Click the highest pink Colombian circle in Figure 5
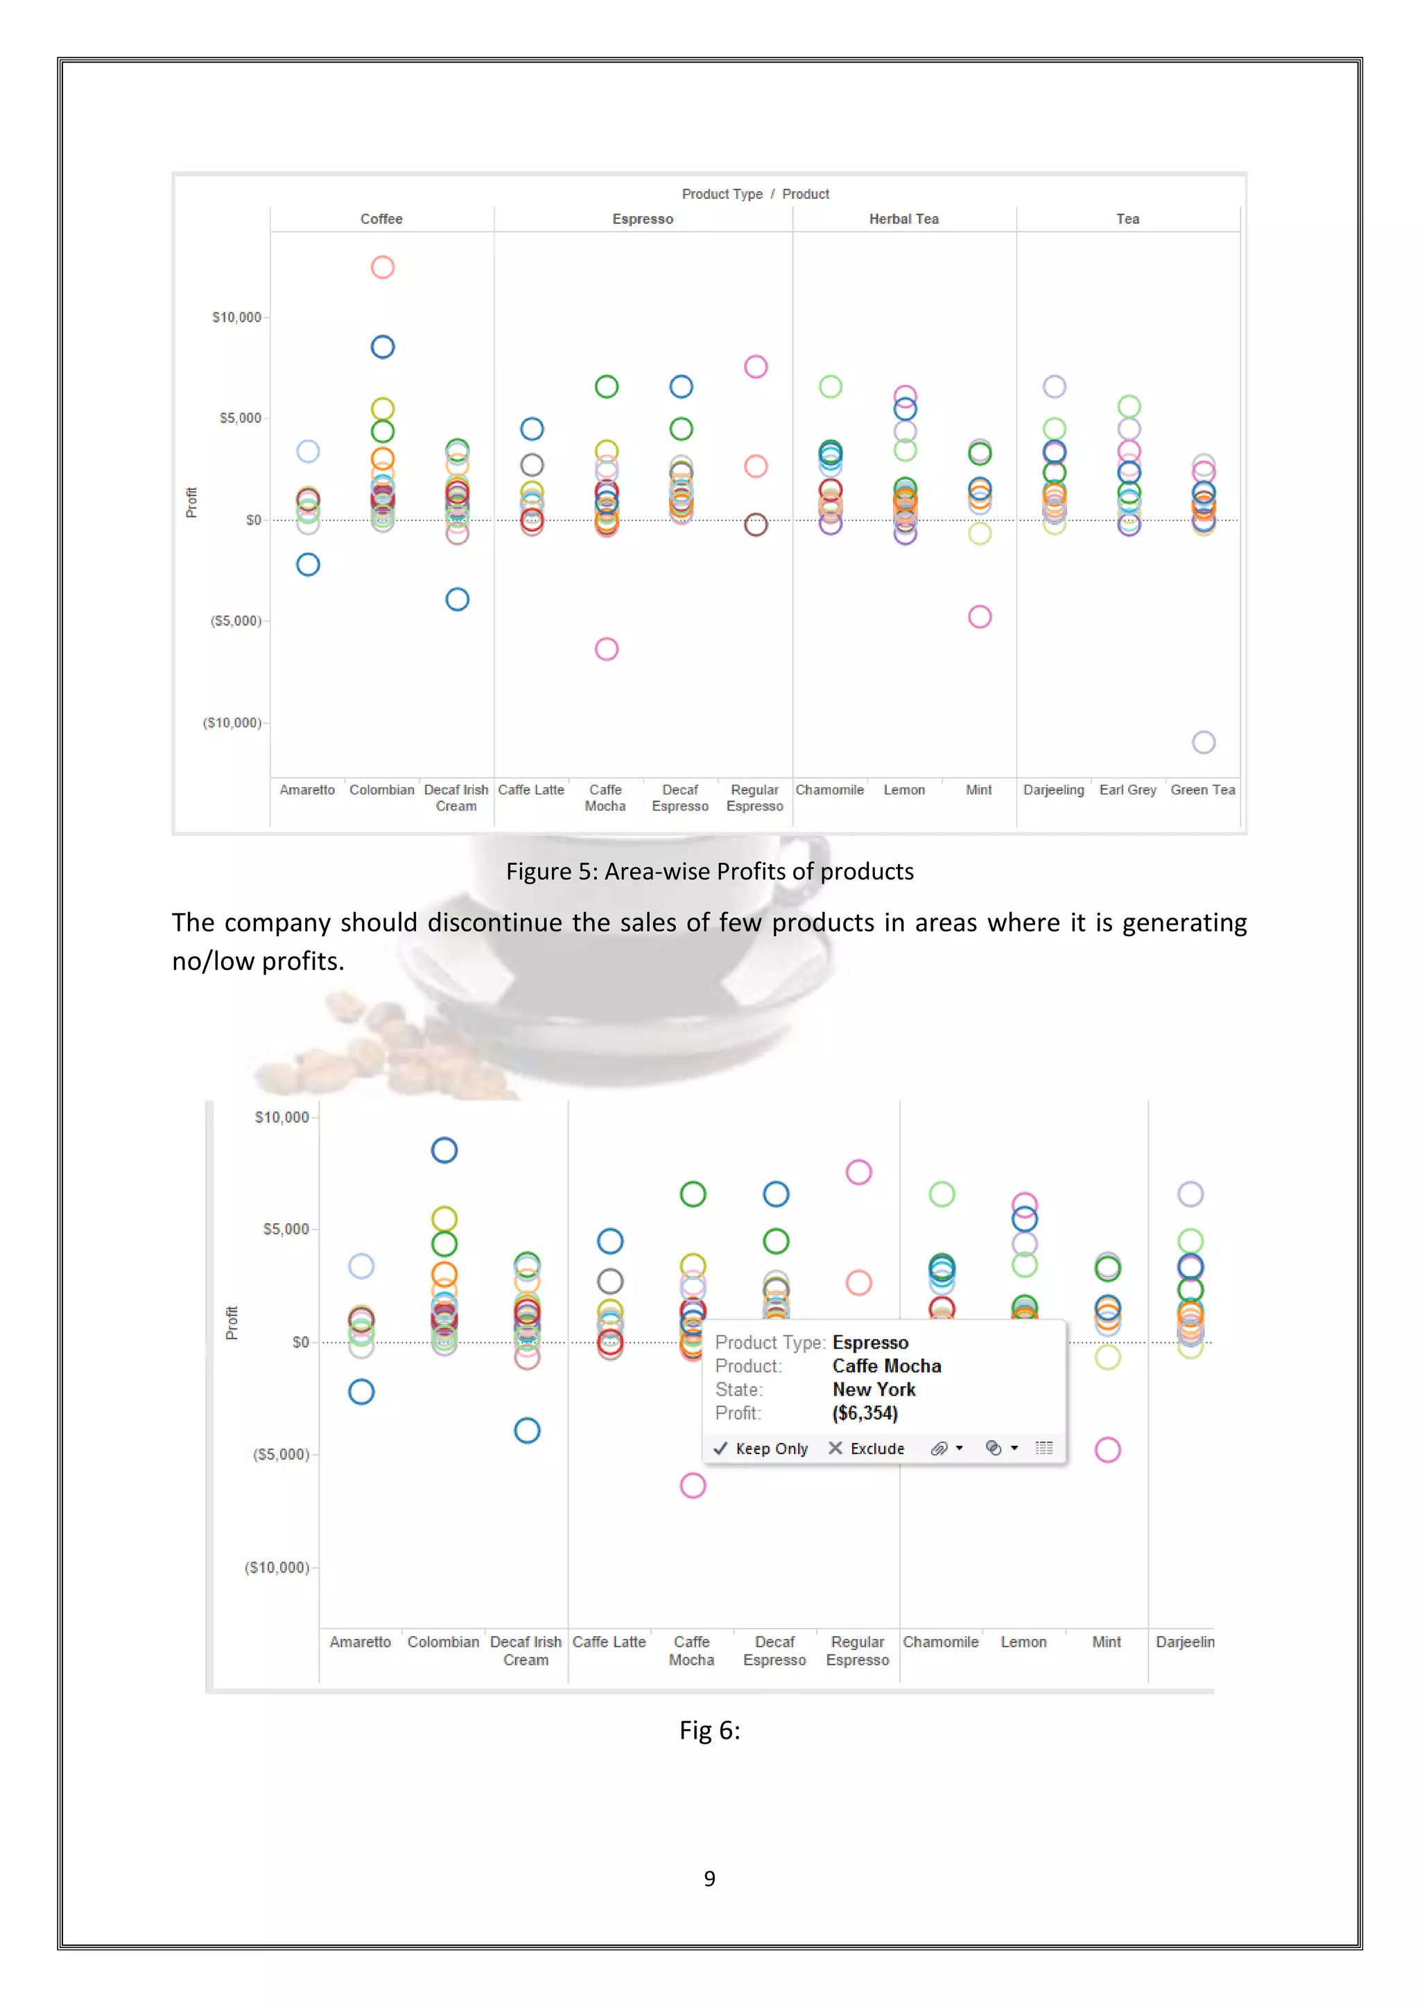click(x=382, y=267)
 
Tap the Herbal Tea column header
click(x=903, y=218)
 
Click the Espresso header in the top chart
click(x=643, y=218)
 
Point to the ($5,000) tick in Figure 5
click(x=235, y=621)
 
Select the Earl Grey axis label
click(x=1127, y=789)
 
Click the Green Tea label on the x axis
click(x=1202, y=789)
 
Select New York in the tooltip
click(x=874, y=1389)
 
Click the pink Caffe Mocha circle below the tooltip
click(x=693, y=1485)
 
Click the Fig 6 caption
click(x=709, y=1730)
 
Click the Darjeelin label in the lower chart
click(x=1184, y=1642)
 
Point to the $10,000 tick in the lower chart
click(x=282, y=1117)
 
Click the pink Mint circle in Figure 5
click(x=979, y=616)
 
